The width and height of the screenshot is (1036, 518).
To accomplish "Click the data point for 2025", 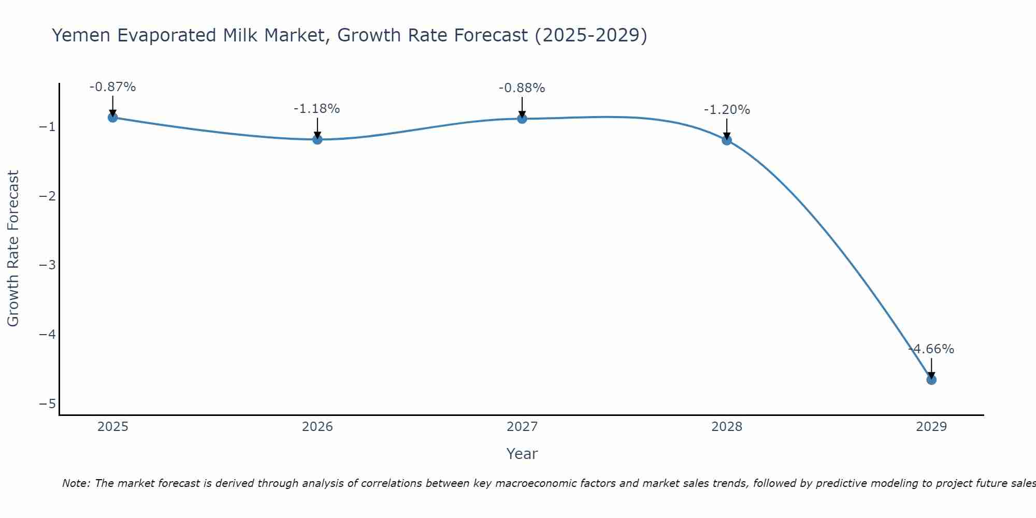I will click(112, 118).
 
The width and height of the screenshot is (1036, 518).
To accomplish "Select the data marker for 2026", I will click(318, 139).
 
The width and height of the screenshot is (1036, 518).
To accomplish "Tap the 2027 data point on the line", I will click(522, 119).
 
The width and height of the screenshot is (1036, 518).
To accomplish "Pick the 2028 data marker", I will click(727, 140).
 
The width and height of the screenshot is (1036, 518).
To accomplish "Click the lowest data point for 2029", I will click(931, 380).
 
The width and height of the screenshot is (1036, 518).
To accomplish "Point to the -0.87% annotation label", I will click(112, 87).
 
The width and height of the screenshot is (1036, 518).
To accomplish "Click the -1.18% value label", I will click(316, 109).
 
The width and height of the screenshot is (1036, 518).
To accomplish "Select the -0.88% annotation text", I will click(522, 88).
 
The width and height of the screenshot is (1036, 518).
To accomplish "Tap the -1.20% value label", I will click(727, 110).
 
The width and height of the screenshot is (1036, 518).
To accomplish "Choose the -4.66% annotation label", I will click(931, 349).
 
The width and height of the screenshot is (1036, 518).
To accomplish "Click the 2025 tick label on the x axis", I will click(113, 427).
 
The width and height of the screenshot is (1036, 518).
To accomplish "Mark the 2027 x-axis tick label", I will click(522, 427).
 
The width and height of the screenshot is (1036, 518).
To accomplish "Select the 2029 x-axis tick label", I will click(931, 427).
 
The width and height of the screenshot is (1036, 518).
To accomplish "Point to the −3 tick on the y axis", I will click(48, 265).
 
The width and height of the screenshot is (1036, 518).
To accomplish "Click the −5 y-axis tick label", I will click(48, 404).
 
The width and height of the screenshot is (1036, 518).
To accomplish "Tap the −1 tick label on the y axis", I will click(48, 127).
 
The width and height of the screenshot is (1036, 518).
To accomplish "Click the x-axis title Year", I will click(522, 454).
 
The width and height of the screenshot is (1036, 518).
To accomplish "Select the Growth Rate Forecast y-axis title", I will click(13, 249).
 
